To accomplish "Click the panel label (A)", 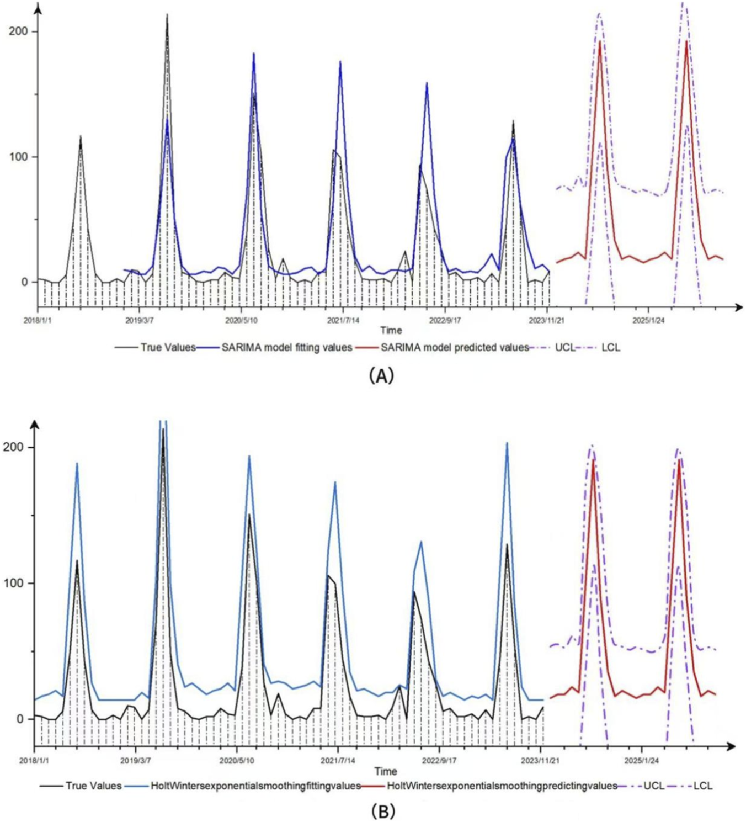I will click(381, 375).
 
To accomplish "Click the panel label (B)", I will click(383, 811).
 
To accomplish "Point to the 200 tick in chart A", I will click(18, 31).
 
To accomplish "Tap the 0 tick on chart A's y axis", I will click(25, 282).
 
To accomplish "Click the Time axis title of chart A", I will click(391, 330).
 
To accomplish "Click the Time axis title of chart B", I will click(385, 771).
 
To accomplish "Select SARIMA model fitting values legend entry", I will click(286, 347).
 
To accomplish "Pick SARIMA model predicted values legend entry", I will click(454, 347).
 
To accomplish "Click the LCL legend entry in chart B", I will click(702, 786).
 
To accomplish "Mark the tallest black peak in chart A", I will click(167, 16).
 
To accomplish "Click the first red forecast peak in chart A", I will click(600, 42).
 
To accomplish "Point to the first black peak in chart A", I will click(81, 137).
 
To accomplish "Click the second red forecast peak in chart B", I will click(679, 460).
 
